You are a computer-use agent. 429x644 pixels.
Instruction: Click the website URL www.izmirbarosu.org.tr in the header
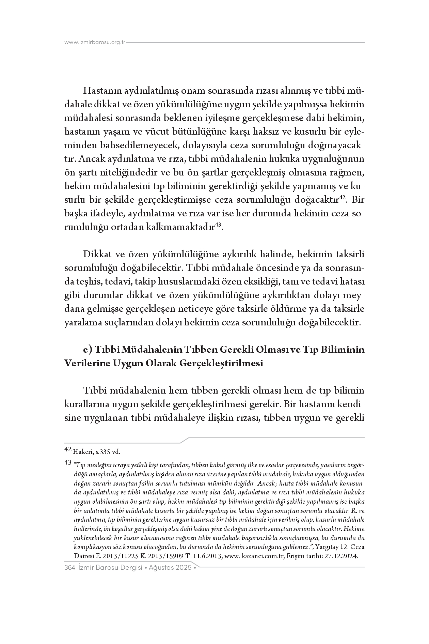(x=95, y=43)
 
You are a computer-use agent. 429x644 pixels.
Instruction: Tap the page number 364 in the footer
(x=69, y=568)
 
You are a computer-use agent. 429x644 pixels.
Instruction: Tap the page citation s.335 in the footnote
(x=102, y=452)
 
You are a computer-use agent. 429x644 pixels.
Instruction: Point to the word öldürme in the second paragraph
(x=286, y=309)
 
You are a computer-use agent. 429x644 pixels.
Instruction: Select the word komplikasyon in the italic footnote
(x=90, y=547)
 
